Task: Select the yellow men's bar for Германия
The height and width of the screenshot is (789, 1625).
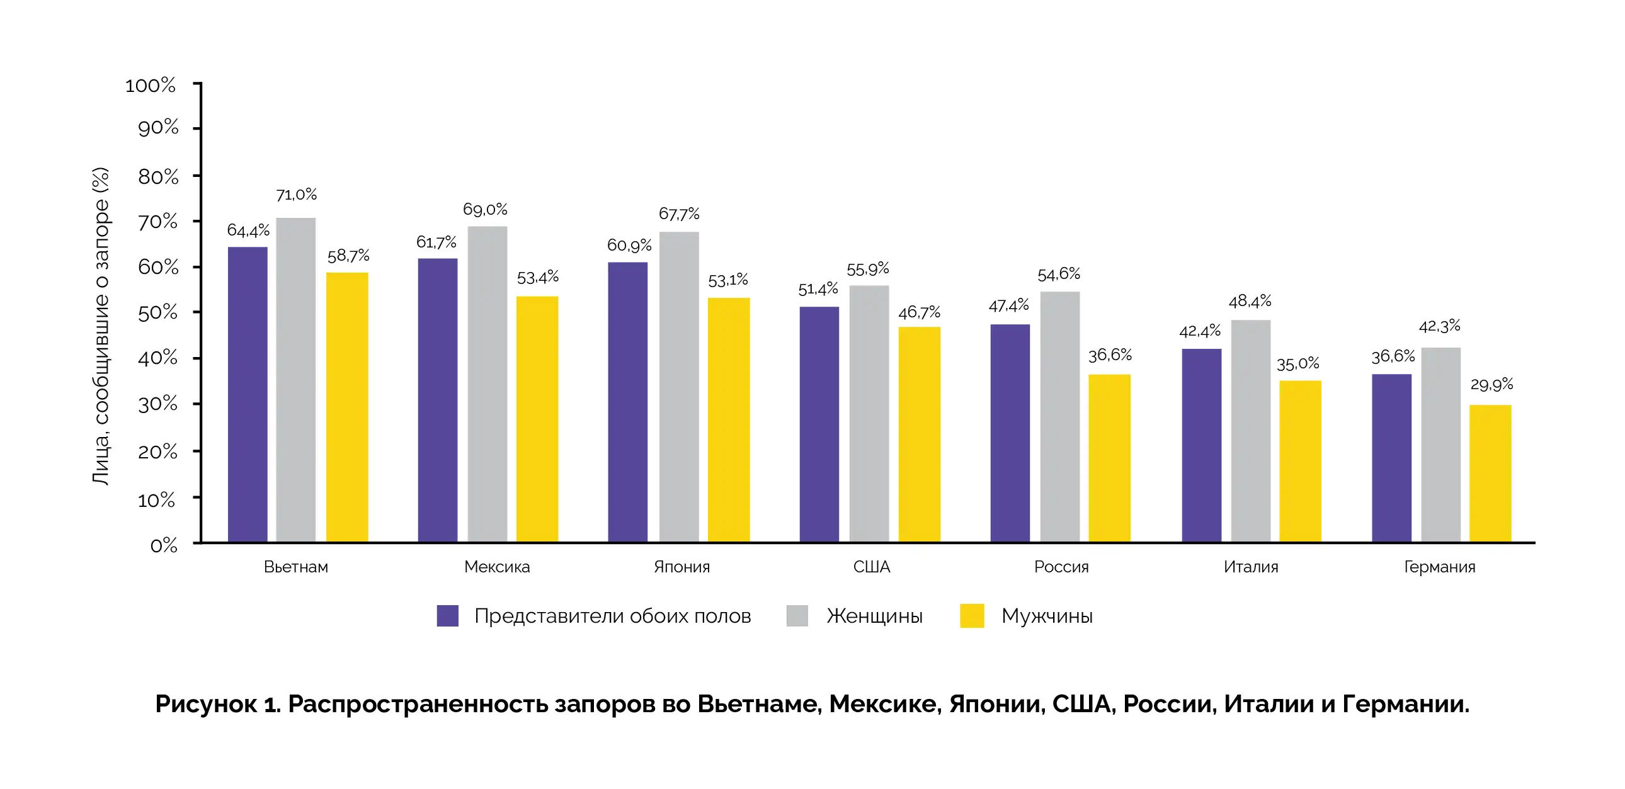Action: [x=1490, y=473]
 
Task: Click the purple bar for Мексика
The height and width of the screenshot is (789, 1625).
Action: [x=438, y=400]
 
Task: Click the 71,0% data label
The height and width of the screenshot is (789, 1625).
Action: [x=297, y=195]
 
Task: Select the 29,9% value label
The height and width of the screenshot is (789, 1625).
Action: [x=1491, y=384]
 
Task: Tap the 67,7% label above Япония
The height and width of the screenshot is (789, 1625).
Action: [x=679, y=214]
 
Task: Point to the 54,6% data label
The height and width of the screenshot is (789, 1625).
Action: [x=1059, y=275]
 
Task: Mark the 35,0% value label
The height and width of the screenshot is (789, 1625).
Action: [x=1297, y=364]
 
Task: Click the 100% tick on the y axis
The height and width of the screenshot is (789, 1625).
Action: [x=150, y=85]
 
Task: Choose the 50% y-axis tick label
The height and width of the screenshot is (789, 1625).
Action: [x=157, y=313]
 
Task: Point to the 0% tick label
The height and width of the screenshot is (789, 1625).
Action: [x=163, y=545]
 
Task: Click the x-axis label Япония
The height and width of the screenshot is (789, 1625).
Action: [x=681, y=567]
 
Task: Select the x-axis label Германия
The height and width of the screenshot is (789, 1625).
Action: [x=1440, y=567]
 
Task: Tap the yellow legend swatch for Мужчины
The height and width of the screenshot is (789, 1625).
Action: [x=971, y=616]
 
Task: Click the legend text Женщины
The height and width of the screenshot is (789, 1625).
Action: [x=874, y=616]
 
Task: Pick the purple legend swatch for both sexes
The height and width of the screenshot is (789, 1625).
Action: [x=447, y=616]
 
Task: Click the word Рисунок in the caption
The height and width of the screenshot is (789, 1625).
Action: [x=207, y=704]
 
